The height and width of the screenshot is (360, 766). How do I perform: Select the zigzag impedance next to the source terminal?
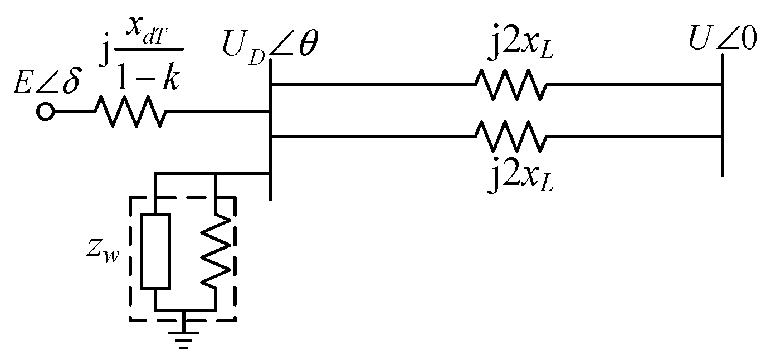point(130,112)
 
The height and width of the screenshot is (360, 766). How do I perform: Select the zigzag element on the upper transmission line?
point(510,85)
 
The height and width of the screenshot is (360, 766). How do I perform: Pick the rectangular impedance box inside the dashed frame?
point(155,251)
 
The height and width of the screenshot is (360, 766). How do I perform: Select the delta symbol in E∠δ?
point(71,83)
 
